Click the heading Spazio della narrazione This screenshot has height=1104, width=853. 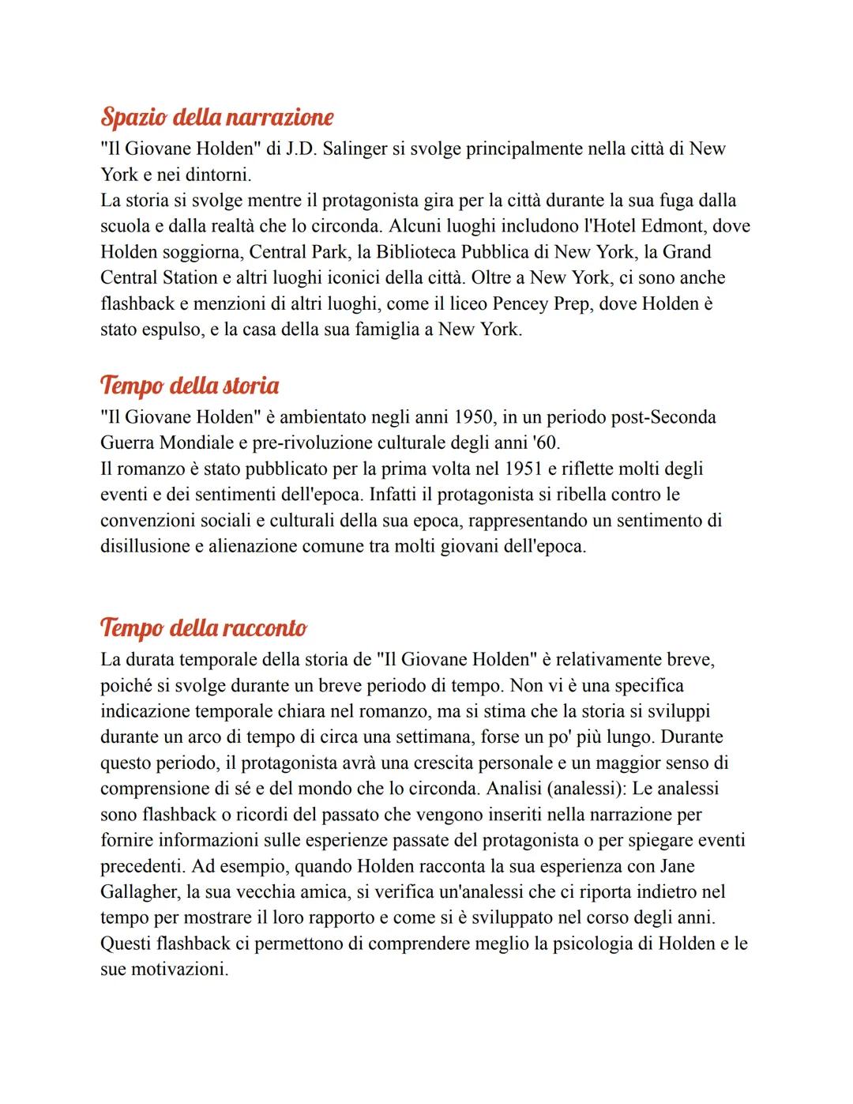tap(216, 118)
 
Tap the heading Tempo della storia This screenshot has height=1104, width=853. tap(190, 386)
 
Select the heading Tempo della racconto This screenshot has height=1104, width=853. tap(203, 628)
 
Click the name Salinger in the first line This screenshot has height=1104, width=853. tap(354, 149)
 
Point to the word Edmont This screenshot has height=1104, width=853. tap(673, 226)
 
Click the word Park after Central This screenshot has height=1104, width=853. tap(328, 252)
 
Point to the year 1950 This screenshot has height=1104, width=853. tap(473, 417)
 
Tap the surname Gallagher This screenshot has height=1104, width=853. tap(138, 892)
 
